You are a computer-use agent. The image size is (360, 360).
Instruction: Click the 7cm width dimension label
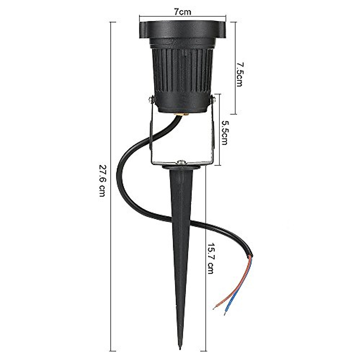tap(183, 12)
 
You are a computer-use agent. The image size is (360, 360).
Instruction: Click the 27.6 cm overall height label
tap(102, 180)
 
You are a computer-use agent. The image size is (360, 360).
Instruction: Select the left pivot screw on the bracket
tap(151, 99)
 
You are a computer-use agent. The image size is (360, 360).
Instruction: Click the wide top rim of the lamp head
tap(183, 30)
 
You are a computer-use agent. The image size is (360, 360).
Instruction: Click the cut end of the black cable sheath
tap(251, 256)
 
